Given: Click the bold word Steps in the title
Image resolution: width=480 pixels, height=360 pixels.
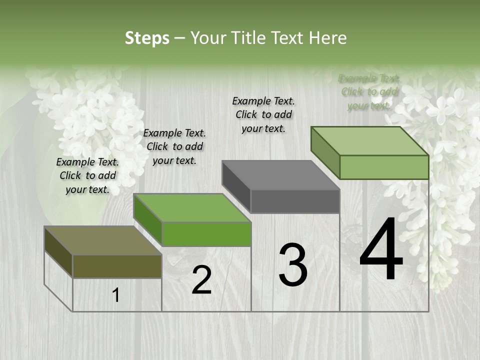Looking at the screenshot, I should coord(147,38).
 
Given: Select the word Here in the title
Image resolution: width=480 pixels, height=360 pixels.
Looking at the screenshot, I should coord(327,38).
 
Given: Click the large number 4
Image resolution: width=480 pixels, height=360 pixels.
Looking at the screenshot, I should coord(381,249).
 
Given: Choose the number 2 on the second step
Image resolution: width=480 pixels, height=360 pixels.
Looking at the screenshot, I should coord(201,280).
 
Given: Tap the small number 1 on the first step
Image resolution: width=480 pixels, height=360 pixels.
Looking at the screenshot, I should coord(116,295).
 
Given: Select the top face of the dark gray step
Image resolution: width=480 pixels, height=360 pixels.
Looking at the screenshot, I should coord(280,175).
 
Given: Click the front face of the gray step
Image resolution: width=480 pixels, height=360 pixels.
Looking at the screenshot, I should coord(295,201).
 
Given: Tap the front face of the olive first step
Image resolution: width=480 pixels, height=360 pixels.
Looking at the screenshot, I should coord(117,266).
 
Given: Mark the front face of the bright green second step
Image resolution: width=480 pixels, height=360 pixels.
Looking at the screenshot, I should coord(206,234).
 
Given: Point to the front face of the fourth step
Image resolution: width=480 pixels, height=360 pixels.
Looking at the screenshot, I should coord(384,167).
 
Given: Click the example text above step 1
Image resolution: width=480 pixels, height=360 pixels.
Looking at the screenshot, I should coord(87,175).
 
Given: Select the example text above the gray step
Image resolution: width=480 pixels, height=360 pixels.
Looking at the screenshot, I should coord(263,114).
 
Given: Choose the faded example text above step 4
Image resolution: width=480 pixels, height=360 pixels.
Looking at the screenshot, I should coord(369,92).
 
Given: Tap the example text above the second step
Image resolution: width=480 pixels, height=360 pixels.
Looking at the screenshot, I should coord(174,146).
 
